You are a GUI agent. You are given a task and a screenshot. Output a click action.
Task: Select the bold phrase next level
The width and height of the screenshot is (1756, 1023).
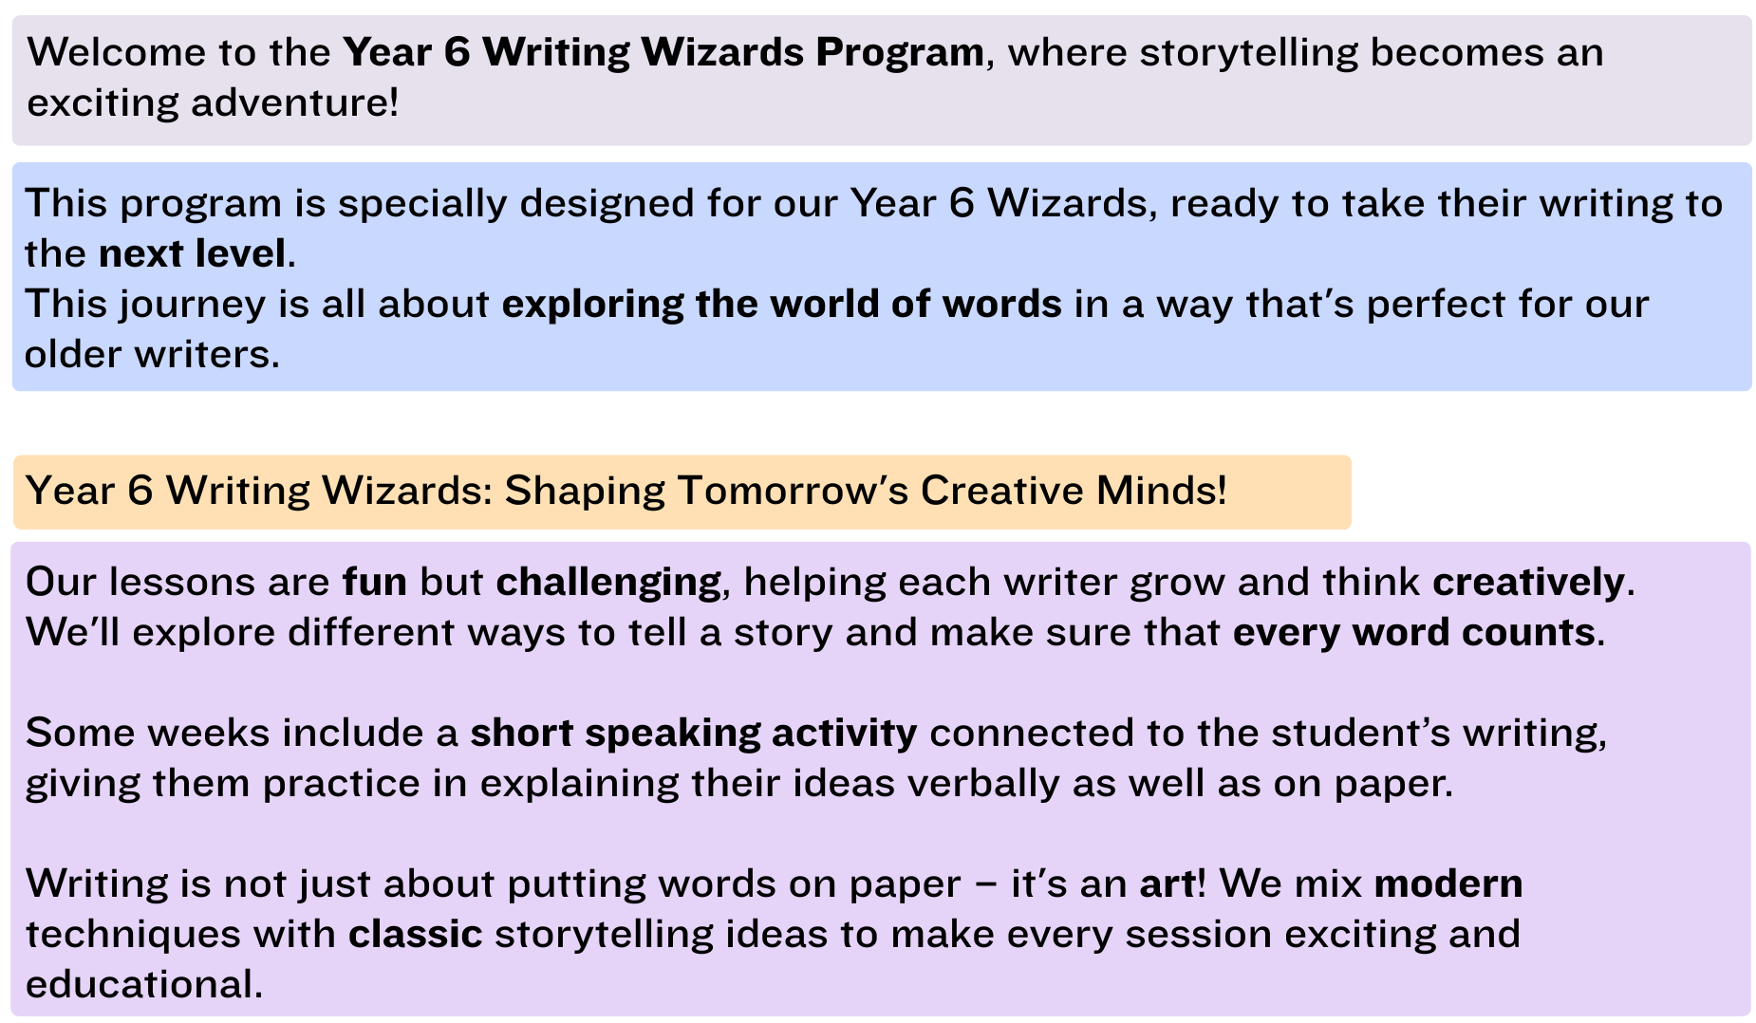click(192, 253)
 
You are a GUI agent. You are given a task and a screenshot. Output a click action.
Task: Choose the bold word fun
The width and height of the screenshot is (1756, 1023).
click(375, 583)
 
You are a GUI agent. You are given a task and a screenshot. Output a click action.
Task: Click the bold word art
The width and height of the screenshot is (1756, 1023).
click(1167, 884)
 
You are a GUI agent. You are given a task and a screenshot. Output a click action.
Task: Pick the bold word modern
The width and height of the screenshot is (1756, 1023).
click(1448, 884)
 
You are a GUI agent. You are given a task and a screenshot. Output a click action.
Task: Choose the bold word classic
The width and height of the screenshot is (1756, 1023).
click(416, 935)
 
